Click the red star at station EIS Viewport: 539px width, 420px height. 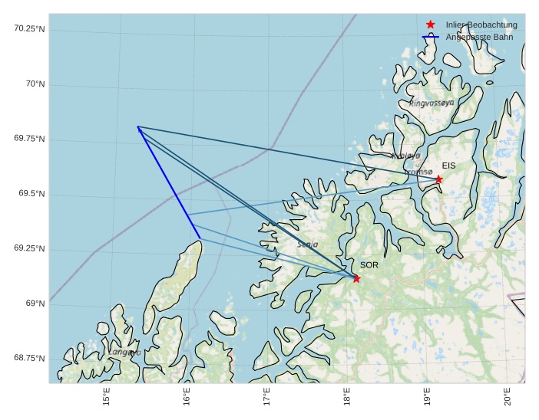pyautogui.click(x=438, y=179)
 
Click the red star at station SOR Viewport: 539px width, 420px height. pyautogui.click(x=356, y=278)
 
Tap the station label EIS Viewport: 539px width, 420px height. pyautogui.click(x=448, y=166)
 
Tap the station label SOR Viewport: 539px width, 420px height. pyautogui.click(x=369, y=265)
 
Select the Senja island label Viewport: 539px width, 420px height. pyautogui.click(x=307, y=244)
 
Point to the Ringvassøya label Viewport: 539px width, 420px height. pyautogui.click(x=432, y=103)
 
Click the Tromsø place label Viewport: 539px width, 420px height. pyautogui.click(x=418, y=172)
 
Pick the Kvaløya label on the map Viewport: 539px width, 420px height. pyautogui.click(x=406, y=156)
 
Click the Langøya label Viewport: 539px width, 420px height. pyautogui.click(x=124, y=353)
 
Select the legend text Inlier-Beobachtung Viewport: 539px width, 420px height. pyautogui.click(x=481, y=25)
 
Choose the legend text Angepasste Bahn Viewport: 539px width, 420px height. pyautogui.click(x=479, y=37)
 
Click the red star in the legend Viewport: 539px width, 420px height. pyautogui.click(x=430, y=25)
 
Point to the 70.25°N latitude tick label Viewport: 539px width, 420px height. pyautogui.click(x=30, y=29)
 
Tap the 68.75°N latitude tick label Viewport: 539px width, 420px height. pyautogui.click(x=30, y=359)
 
